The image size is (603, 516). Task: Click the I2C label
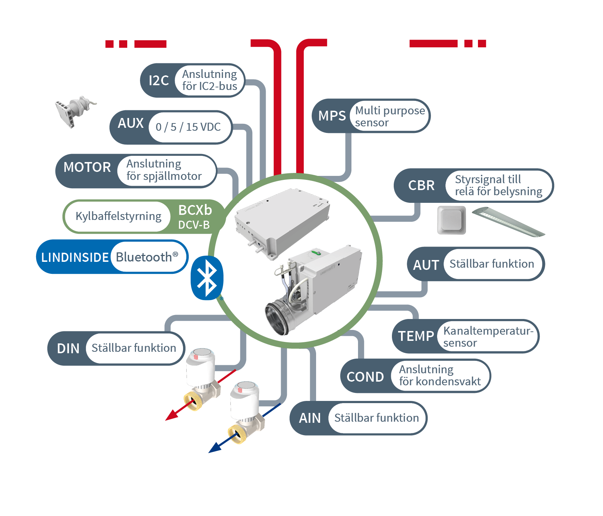pos(159,80)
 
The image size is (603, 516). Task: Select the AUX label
pos(131,123)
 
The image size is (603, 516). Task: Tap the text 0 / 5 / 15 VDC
pos(188,127)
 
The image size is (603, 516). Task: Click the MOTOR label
pos(87,167)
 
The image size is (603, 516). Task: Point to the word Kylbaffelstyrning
pos(118,216)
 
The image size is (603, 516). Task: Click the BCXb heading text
pos(195,210)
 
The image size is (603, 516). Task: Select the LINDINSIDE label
pos(75,257)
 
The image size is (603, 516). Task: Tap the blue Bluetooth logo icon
pos(207,278)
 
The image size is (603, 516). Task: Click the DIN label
pos(68,348)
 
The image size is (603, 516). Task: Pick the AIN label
pos(310,418)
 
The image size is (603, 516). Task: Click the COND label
pos(365,377)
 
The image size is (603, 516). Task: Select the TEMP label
pos(416,336)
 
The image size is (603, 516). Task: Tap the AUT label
pos(426,265)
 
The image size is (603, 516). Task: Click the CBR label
pos(421,185)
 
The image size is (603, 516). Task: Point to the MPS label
pos(332,116)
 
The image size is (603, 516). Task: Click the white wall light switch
pos(452,220)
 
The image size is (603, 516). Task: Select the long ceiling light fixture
pos(509,222)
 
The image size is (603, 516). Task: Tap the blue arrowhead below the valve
pos(215,448)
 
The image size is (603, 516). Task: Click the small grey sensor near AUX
pos(75,110)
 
